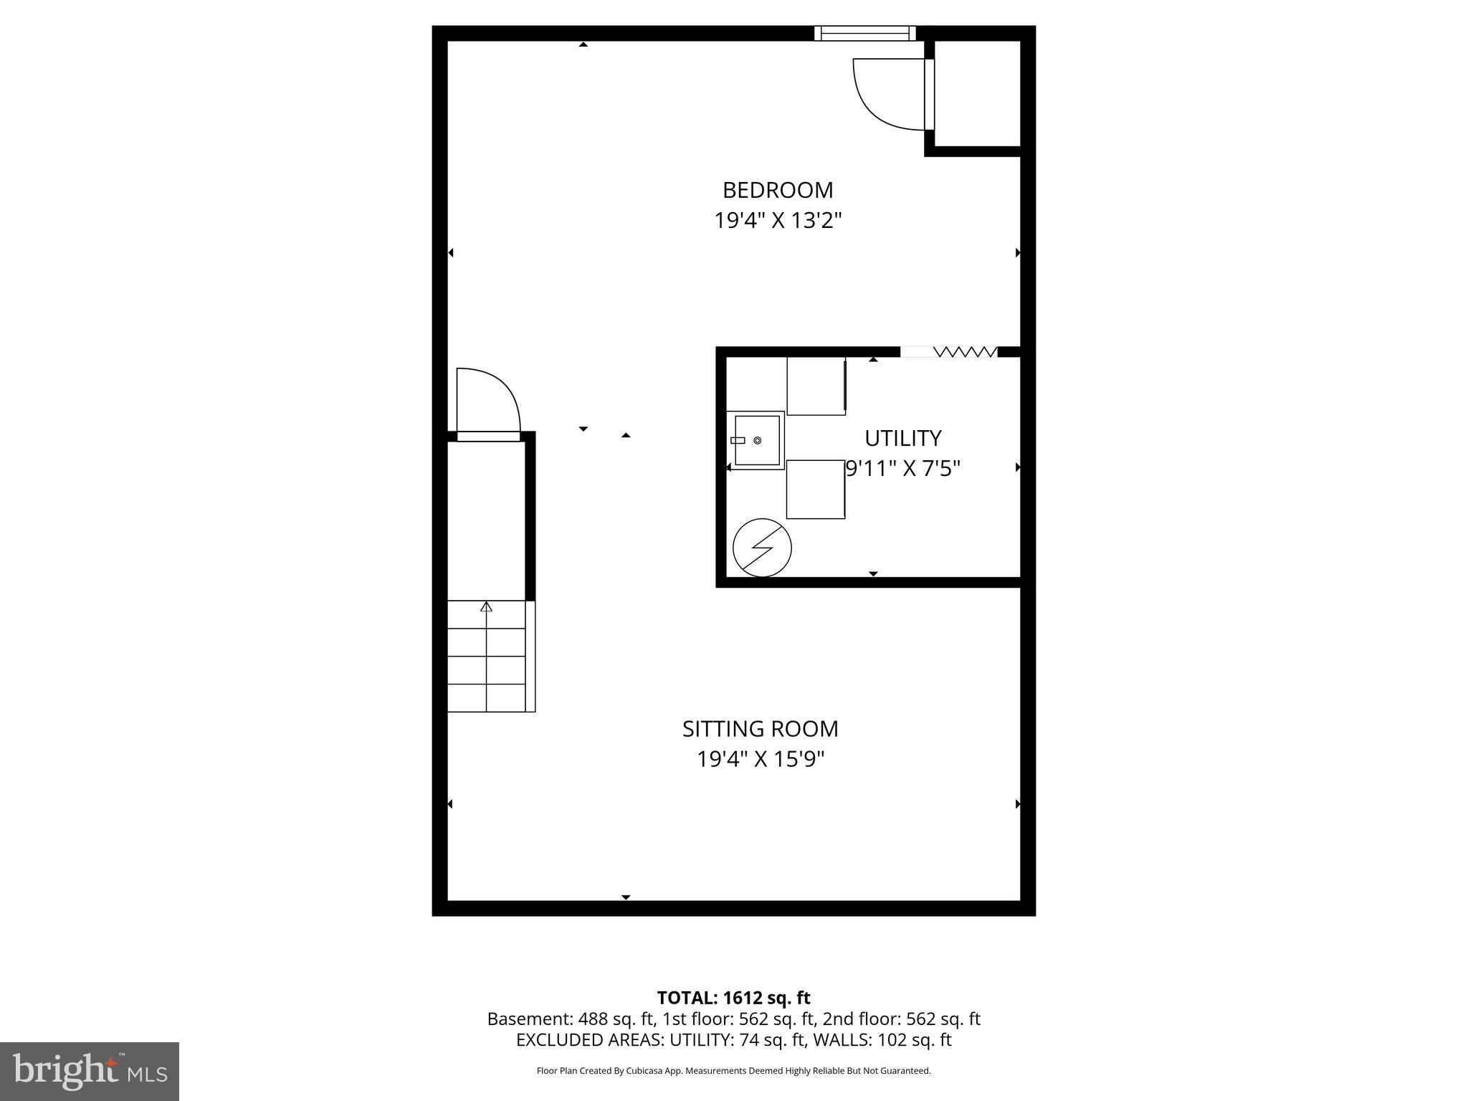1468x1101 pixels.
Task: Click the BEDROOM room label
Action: tap(778, 190)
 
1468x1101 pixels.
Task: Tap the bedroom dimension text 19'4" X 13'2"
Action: tap(778, 220)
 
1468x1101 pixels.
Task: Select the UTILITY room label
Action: tap(902, 438)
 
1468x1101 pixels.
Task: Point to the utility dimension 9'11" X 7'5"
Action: tap(902, 469)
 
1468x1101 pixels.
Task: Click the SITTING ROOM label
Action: tap(760, 729)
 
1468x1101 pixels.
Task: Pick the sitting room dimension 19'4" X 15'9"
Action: tap(761, 759)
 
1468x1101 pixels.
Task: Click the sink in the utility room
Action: tap(756, 440)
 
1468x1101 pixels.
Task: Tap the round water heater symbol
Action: tap(762, 548)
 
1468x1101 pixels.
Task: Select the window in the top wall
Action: tap(865, 33)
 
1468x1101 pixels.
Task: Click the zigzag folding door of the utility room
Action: tap(965, 352)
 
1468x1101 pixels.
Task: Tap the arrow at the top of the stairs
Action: tap(487, 606)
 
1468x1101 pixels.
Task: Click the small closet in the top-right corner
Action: tap(977, 92)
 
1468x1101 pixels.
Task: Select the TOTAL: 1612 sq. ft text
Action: tap(733, 998)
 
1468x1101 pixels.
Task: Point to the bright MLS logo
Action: tap(90, 1071)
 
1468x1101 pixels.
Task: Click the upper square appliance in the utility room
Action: tap(816, 386)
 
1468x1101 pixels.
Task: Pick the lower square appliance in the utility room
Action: tap(815, 489)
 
